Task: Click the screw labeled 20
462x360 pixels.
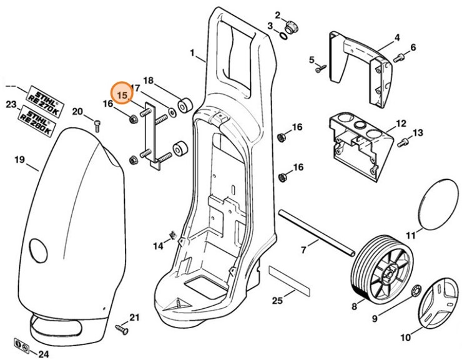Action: click(x=97, y=125)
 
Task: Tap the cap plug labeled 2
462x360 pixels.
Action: click(x=289, y=27)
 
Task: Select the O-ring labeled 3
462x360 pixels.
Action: click(x=283, y=36)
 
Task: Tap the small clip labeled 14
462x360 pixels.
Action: click(x=174, y=236)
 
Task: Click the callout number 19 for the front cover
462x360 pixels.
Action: click(x=19, y=160)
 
